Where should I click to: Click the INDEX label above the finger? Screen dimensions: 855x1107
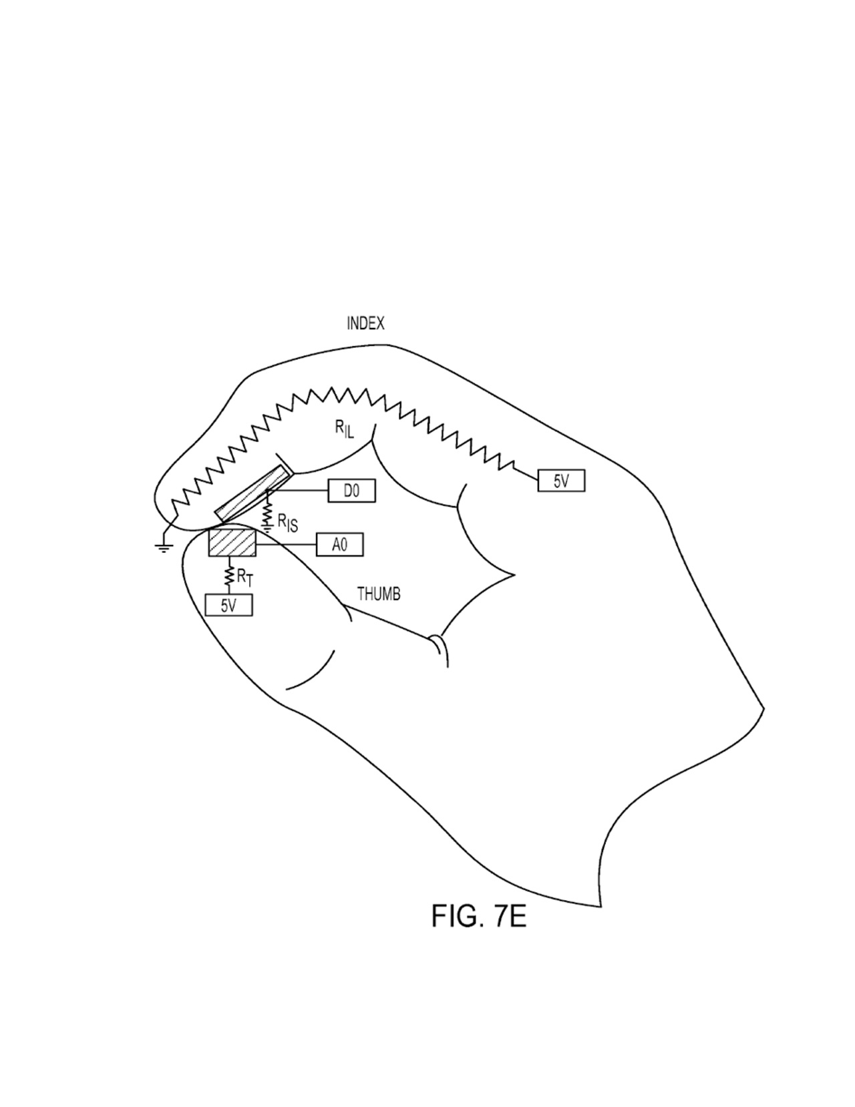coord(365,324)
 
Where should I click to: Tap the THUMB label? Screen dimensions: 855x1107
coord(379,594)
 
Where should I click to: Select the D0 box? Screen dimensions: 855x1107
coord(351,491)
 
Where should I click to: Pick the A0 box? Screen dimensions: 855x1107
coord(340,545)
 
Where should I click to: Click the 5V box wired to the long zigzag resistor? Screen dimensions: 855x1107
coord(561,481)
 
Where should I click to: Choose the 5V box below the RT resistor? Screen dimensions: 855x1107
coord(228,606)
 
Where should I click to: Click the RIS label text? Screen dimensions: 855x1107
coord(287,523)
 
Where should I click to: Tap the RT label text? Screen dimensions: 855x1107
coord(244,578)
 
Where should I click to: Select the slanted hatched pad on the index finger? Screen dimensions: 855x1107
coord(252,493)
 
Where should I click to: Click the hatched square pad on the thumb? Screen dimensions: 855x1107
coord(232,543)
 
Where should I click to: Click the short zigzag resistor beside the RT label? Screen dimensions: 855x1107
coord(229,575)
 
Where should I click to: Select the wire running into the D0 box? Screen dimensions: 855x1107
coord(297,491)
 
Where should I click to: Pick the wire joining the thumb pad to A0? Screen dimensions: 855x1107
coord(286,545)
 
